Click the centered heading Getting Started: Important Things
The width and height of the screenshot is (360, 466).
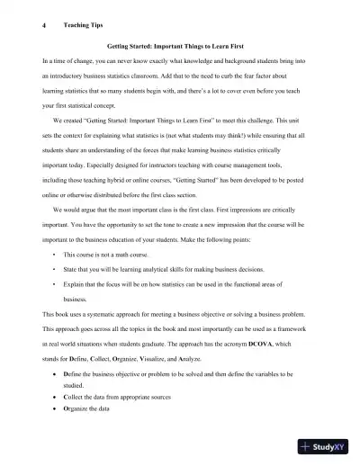pos(179,43)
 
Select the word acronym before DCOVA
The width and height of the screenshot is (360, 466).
pos(245,344)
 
